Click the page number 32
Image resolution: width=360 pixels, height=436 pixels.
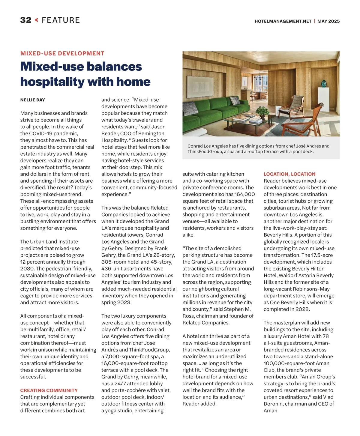click(26, 20)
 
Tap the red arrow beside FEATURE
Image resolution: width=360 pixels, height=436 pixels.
click(37, 20)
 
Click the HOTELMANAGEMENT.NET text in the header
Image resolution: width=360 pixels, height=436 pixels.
click(283, 21)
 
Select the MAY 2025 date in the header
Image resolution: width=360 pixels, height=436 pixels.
click(328, 21)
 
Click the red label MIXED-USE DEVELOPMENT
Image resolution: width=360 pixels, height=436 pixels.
click(62, 53)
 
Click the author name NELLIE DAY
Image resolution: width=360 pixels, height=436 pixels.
click(33, 100)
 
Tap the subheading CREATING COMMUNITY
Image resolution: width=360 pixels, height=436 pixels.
click(49, 390)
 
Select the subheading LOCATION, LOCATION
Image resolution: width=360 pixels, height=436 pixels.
click(289, 174)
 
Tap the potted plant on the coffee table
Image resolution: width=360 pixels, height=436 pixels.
click(263, 112)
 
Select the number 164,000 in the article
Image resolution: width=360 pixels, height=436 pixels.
click(245, 194)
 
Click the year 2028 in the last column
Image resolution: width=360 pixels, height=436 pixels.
click(302, 309)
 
